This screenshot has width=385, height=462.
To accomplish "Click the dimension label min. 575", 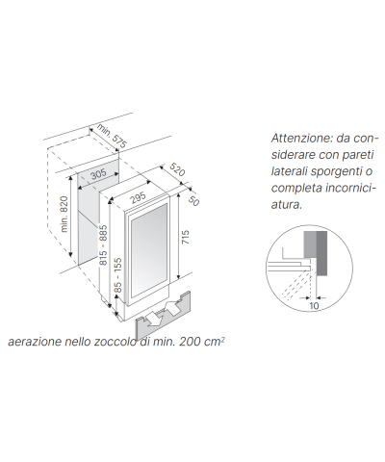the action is (112, 136).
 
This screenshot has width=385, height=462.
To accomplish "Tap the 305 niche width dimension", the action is (98, 175).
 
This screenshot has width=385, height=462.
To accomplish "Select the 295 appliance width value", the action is (138, 198).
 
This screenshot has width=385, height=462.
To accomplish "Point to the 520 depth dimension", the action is (177, 169).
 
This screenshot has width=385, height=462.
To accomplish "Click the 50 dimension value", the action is (193, 200).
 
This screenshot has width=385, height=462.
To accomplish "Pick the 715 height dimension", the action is (185, 237).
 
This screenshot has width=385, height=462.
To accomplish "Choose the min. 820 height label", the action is (64, 214).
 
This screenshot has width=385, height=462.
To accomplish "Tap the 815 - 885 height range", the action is (103, 245).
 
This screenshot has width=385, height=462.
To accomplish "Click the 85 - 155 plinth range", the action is (117, 275).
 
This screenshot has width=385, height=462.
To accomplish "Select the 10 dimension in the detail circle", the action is (314, 306).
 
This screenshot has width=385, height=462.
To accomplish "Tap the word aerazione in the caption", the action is (35, 342).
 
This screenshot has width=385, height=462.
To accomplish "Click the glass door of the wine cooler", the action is (148, 251).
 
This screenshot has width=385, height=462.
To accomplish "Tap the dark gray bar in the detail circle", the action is (321, 253).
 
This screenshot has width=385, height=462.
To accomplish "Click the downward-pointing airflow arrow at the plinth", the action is (153, 320).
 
